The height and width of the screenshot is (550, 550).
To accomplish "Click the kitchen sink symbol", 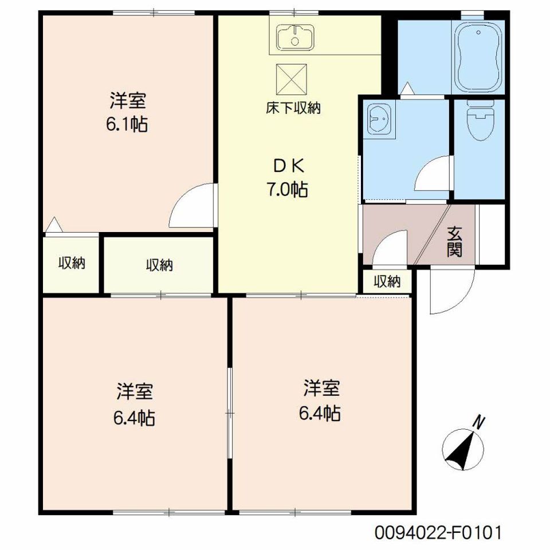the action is [x=296, y=37].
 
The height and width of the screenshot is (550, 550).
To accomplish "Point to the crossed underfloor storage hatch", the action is [x=292, y=80].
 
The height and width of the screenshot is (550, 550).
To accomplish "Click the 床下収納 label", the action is [x=293, y=108].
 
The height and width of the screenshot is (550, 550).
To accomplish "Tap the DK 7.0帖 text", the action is [x=288, y=178].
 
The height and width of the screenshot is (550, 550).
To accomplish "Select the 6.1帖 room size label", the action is [x=127, y=124].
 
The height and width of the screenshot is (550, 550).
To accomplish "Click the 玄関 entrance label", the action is [x=454, y=242].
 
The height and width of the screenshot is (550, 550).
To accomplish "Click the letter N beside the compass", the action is [x=479, y=422].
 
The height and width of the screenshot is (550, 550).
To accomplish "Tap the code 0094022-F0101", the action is [x=438, y=532].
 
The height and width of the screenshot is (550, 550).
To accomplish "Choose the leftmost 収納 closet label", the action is [x=72, y=263].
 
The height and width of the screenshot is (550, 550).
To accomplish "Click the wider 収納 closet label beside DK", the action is [x=159, y=265].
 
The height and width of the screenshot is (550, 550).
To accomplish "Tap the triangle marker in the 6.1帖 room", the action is [x=54, y=225].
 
